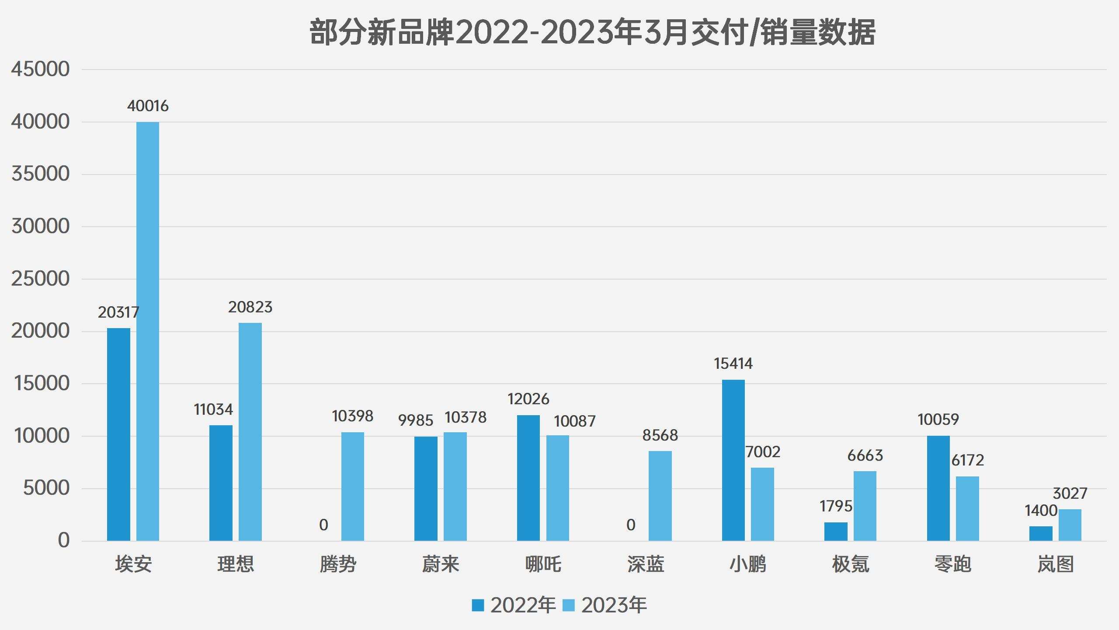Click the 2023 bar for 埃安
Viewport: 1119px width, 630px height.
click(148, 331)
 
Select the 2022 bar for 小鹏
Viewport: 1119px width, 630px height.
click(733, 460)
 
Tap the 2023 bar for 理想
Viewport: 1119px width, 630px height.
click(250, 432)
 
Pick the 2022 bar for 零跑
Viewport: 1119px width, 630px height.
click(938, 488)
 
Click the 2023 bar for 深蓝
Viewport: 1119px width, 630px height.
click(660, 496)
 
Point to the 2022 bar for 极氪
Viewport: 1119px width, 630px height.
click(836, 531)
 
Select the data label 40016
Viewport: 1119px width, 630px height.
click(148, 106)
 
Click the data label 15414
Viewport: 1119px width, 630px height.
click(733, 364)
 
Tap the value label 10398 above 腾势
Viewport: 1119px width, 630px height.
click(352, 416)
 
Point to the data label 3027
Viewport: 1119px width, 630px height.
click(1070, 493)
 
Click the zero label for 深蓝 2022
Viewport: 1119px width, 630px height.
click(631, 525)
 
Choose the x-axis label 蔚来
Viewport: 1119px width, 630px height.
click(441, 564)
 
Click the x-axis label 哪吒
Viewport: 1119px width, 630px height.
click(543, 564)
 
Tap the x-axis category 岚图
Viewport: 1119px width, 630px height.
click(1055, 564)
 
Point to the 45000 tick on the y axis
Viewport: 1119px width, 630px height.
click(40, 69)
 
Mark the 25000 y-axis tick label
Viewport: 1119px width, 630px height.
click(40, 279)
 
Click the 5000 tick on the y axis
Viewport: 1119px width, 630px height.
click(46, 488)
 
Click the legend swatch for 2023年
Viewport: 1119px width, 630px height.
click(569, 605)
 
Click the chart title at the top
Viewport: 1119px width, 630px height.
click(592, 32)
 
